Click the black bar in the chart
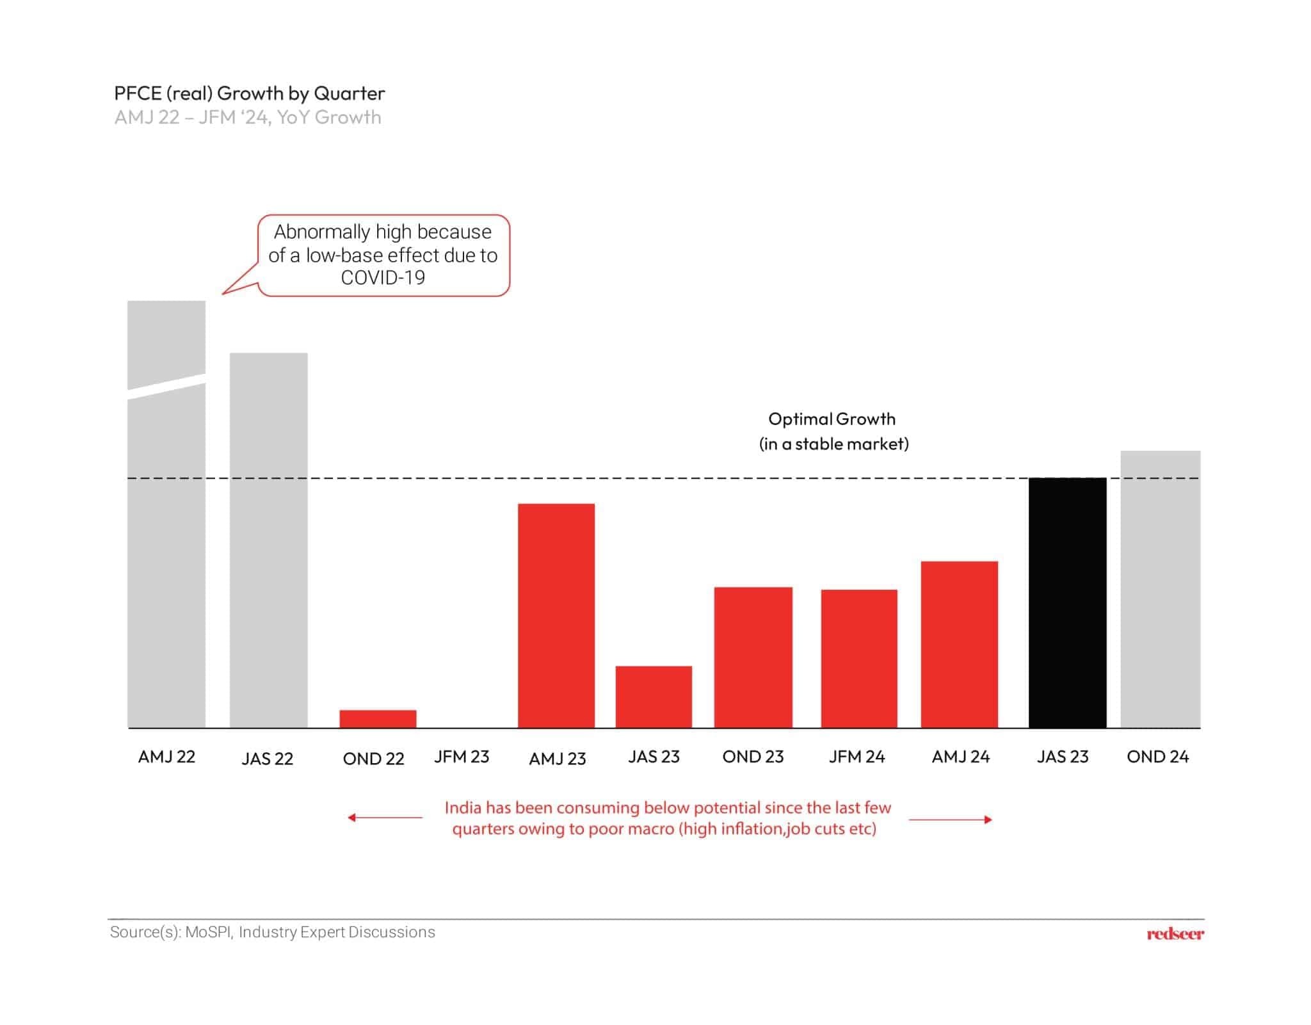click(1067, 602)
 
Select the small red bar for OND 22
click(378, 718)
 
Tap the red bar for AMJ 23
click(556, 615)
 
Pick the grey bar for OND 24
click(1160, 589)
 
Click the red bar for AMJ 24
click(959, 644)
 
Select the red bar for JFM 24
click(859, 658)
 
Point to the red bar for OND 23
click(753, 657)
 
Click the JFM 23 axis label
click(462, 757)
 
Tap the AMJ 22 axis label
click(166, 757)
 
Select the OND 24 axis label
click(1157, 757)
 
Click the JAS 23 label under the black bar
click(1063, 757)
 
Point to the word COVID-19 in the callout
click(383, 278)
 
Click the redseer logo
click(1175, 934)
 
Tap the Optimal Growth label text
click(832, 419)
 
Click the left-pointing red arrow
click(384, 818)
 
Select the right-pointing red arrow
click(951, 819)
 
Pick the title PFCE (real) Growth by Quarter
click(250, 93)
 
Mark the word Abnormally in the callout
click(322, 232)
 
